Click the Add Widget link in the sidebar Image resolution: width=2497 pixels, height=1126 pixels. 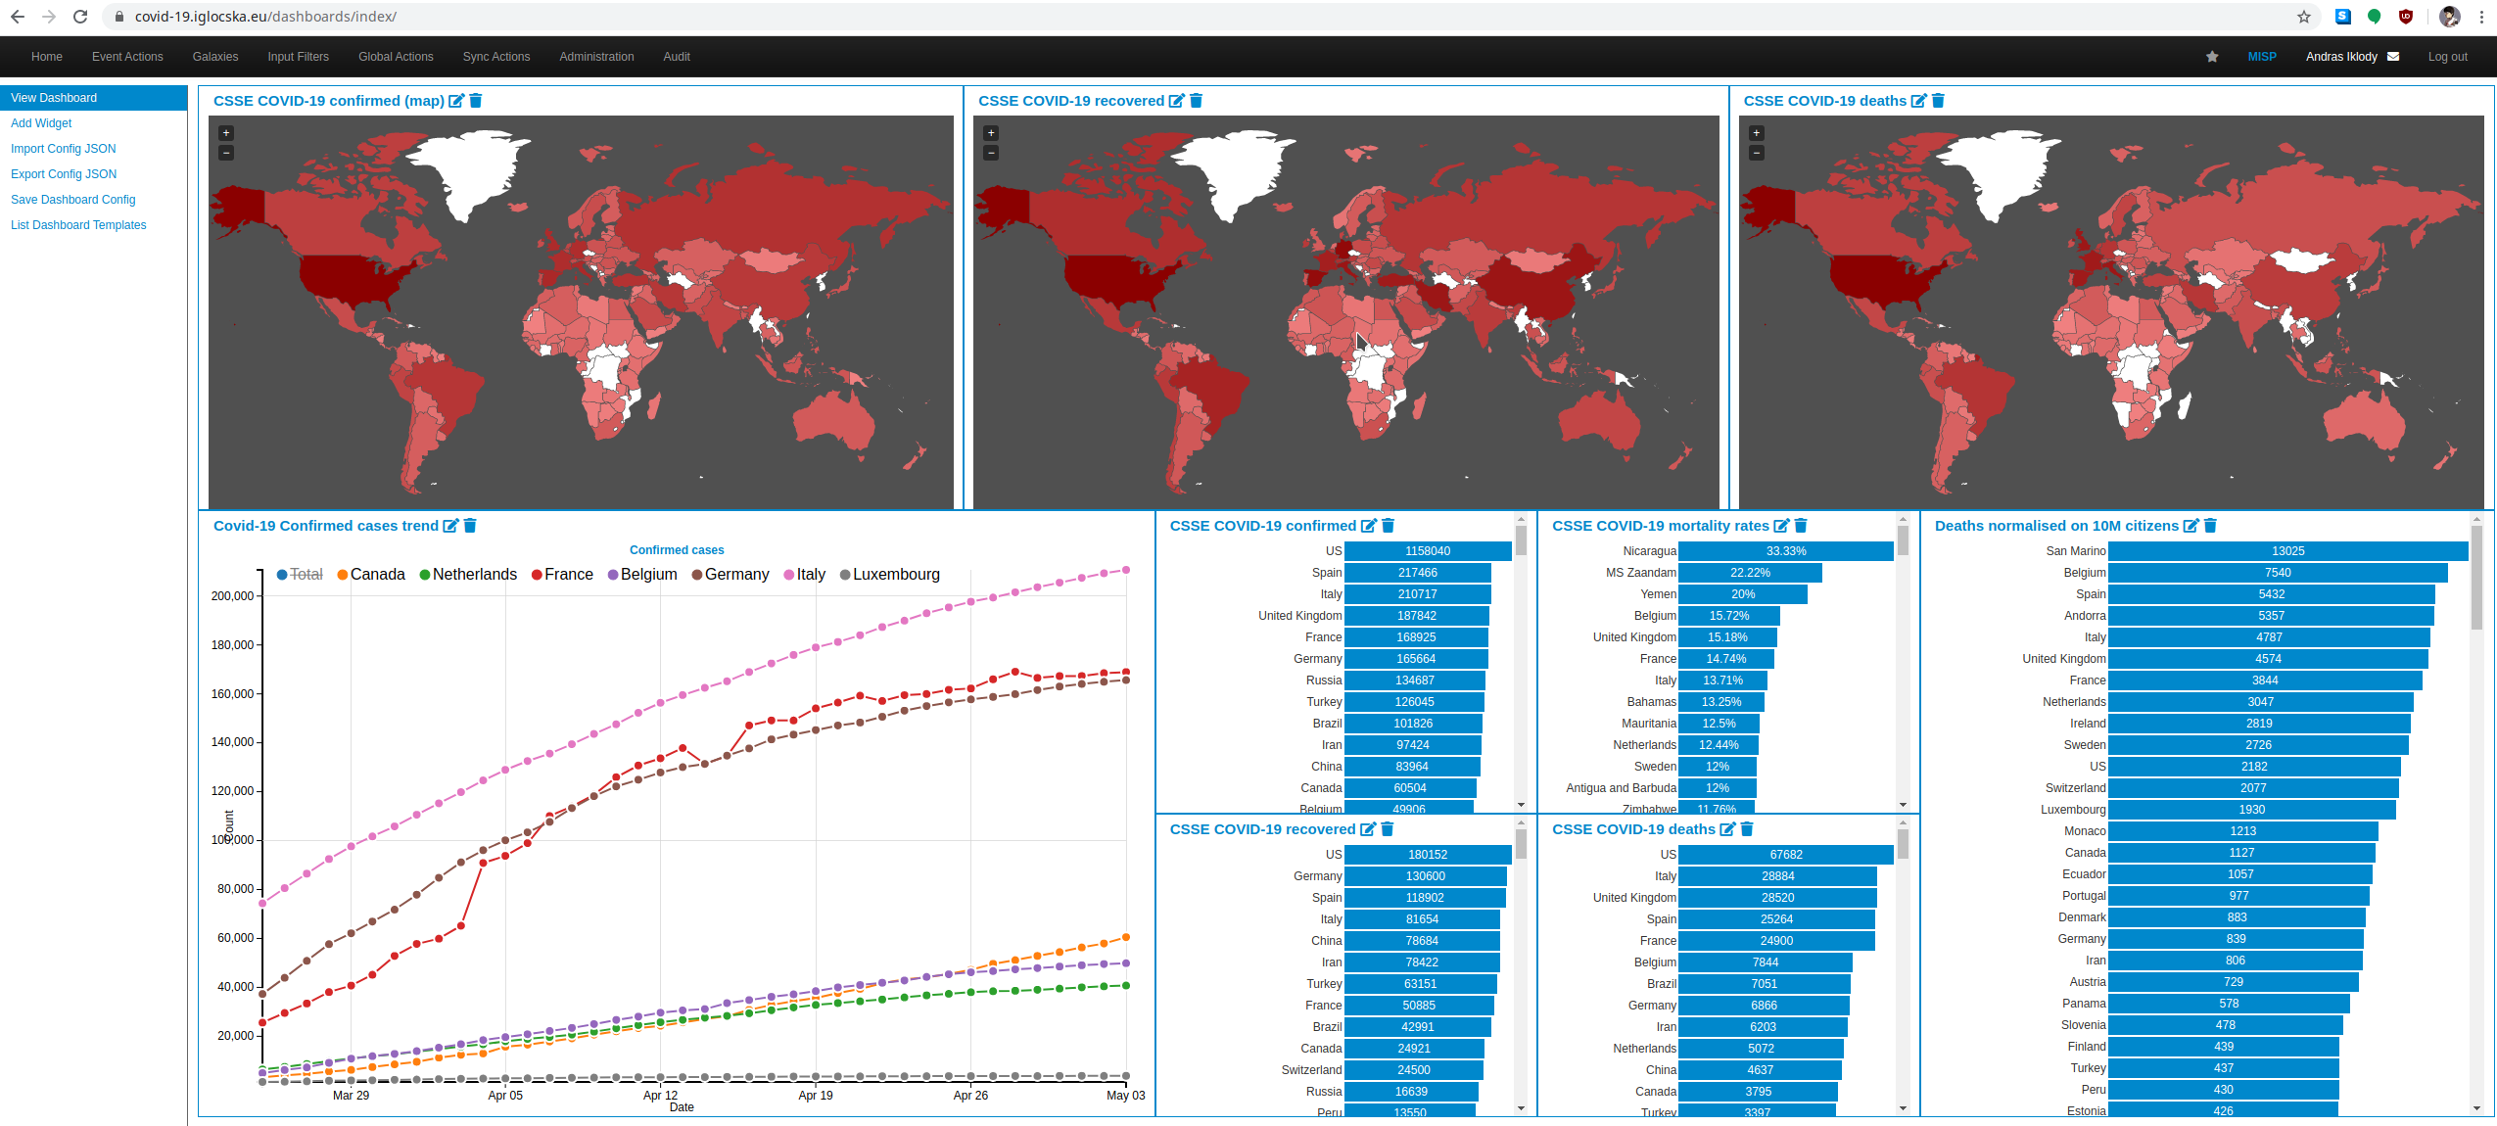click(41, 123)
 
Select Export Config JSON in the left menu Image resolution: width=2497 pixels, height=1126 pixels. click(64, 174)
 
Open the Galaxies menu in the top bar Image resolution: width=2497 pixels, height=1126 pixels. click(215, 57)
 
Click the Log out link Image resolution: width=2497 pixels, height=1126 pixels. click(2446, 57)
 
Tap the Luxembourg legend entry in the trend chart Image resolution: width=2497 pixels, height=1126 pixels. click(895, 575)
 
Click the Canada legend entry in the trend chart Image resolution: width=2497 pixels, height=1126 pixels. click(376, 575)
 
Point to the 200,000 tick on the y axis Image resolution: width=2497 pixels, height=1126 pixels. click(233, 595)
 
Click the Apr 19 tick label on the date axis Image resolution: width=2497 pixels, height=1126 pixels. click(815, 1096)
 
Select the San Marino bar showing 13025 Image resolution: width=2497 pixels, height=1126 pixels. click(2287, 551)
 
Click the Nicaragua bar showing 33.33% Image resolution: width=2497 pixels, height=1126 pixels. click(1785, 551)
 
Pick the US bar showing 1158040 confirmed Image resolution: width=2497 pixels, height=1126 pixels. click(1427, 551)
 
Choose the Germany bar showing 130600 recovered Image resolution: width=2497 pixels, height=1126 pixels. click(1425, 876)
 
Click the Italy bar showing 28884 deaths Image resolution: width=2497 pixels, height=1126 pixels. click(1777, 876)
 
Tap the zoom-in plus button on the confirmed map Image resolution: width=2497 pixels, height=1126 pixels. click(226, 133)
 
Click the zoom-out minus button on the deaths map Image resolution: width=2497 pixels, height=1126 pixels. click(1757, 153)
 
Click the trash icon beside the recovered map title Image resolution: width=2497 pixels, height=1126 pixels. click(1196, 101)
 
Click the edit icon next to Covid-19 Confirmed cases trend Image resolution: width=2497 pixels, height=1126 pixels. click(450, 526)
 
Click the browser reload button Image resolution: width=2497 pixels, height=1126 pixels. click(80, 17)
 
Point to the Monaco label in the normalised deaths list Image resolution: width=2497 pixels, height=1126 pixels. click(2085, 831)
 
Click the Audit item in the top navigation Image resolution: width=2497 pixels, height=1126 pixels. click(677, 57)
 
